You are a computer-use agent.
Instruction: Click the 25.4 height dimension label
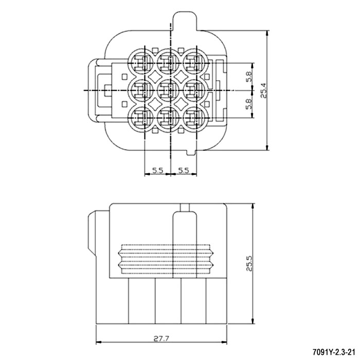[x=263, y=91]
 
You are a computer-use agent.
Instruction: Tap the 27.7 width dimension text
[x=161, y=338]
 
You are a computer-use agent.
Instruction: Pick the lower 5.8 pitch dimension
[x=248, y=104]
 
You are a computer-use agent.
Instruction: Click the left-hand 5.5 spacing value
[x=158, y=170]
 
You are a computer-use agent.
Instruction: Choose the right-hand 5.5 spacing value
[x=184, y=170]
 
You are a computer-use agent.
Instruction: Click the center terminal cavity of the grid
[x=167, y=91]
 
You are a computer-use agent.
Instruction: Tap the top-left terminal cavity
[x=141, y=63]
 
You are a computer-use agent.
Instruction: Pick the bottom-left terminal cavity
[x=141, y=118]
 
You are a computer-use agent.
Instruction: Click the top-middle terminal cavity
[x=167, y=63]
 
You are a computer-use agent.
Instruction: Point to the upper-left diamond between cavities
[x=154, y=77]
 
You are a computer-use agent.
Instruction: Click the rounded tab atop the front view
[x=185, y=21]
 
